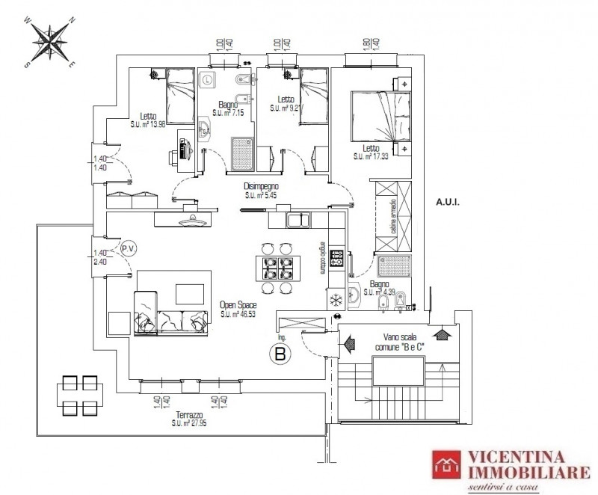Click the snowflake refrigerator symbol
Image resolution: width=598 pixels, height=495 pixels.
coord(336,298)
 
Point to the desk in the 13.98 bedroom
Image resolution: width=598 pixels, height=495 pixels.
coord(185,150)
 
